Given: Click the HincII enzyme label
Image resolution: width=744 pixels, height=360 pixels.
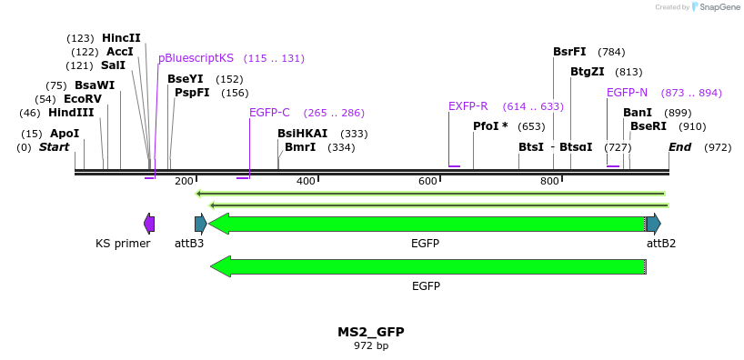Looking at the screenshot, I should click(x=121, y=38).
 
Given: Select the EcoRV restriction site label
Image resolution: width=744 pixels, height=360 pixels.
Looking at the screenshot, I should click(x=82, y=99).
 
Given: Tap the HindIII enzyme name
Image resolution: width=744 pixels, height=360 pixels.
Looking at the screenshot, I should click(x=71, y=113).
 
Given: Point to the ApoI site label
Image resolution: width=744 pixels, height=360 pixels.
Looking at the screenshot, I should click(x=65, y=134).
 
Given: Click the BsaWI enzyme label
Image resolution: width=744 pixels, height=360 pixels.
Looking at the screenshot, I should click(x=95, y=85).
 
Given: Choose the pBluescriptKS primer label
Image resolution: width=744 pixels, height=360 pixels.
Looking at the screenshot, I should click(x=196, y=58).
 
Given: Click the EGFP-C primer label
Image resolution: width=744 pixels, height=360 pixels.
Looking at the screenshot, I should click(x=269, y=113).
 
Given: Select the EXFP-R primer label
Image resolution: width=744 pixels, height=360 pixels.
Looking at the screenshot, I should click(x=468, y=106).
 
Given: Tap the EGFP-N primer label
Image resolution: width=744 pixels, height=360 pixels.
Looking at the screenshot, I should click(x=627, y=93).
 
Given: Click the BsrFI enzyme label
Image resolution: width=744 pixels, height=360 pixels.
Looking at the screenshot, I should click(x=569, y=52).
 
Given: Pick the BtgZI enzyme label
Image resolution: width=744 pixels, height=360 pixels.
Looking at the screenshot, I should click(x=588, y=72).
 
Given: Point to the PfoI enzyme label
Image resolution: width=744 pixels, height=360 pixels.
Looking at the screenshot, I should click(x=490, y=126).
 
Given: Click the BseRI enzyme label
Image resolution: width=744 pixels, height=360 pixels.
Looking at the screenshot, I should click(x=648, y=126).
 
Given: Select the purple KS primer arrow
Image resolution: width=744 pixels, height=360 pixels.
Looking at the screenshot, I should click(x=149, y=224).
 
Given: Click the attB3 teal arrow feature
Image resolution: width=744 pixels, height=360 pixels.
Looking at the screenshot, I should click(x=201, y=224).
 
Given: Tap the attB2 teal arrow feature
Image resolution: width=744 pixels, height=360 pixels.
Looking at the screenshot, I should click(x=653, y=224).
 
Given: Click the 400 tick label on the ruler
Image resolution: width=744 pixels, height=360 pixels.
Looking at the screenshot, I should click(x=306, y=181).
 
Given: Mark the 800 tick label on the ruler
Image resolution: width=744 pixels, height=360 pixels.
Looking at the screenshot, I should click(x=549, y=181).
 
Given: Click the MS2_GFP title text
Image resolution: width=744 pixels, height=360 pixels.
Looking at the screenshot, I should click(x=370, y=333).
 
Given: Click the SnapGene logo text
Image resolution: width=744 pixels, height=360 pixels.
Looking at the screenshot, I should click(x=719, y=7).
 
